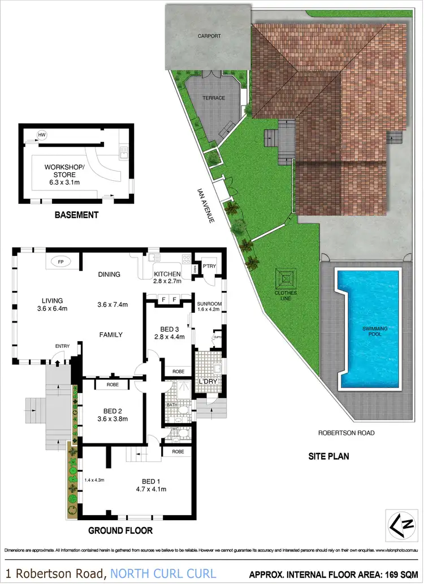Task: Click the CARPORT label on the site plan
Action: pyautogui.click(x=209, y=36)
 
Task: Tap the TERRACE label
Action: pyautogui.click(x=214, y=98)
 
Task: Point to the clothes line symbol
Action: pyautogui.click(x=286, y=278)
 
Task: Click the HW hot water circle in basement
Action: pyautogui.click(x=41, y=135)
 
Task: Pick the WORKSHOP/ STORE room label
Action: pyautogui.click(x=64, y=171)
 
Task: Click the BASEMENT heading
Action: pyautogui.click(x=76, y=215)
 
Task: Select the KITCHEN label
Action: pyautogui.click(x=167, y=275)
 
